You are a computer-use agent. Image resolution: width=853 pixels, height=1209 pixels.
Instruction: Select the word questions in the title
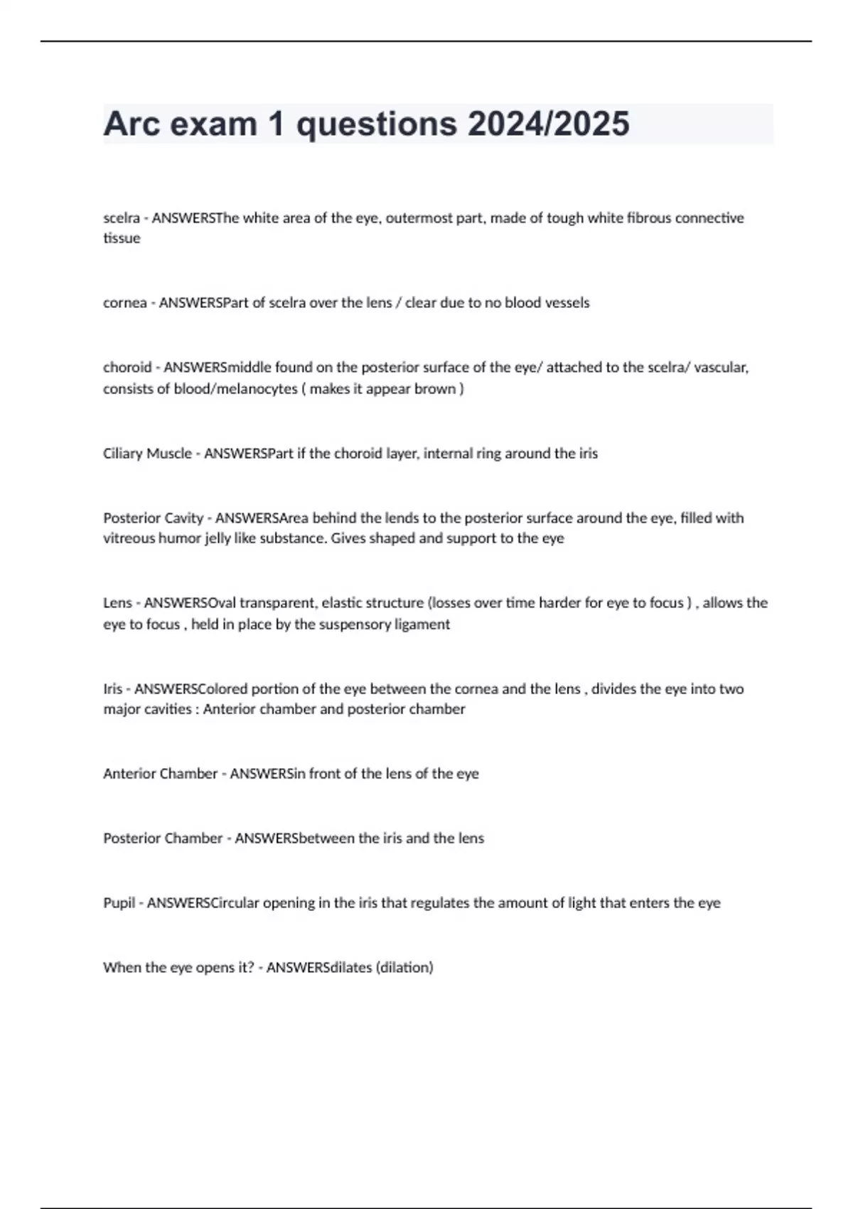point(376,125)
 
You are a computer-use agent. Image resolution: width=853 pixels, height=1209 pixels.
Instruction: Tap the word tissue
point(122,238)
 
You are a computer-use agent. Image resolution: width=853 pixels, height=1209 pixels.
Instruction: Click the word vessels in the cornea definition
point(567,302)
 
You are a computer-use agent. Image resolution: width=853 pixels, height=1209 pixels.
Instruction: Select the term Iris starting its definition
point(112,688)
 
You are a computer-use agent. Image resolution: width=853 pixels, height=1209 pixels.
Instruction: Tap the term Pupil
point(119,903)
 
